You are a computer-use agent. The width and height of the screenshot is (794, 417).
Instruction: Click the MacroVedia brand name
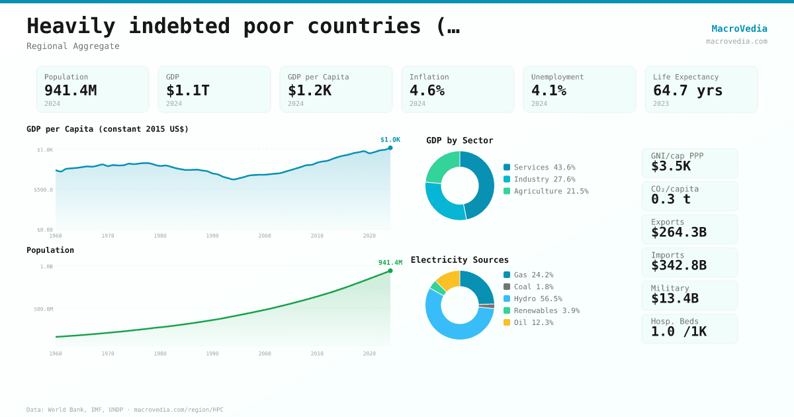(739, 28)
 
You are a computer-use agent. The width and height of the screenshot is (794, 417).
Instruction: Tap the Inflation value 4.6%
(427, 90)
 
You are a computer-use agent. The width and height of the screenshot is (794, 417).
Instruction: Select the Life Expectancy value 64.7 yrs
(687, 90)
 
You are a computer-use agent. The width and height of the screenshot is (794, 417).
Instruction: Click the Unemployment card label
(557, 77)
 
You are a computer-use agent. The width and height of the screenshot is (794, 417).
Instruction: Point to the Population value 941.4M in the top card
(70, 90)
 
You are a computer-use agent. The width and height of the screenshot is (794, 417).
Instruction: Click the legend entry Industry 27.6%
(544, 179)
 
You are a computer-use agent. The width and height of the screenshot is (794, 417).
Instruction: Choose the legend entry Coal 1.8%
(533, 287)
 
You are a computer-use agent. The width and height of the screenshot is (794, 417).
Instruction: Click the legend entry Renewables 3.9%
(546, 310)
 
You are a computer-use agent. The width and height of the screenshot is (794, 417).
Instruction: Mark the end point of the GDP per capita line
(390, 148)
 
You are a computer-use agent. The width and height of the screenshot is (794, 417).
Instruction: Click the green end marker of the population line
(390, 271)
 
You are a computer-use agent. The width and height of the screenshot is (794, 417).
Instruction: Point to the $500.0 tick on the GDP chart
(44, 190)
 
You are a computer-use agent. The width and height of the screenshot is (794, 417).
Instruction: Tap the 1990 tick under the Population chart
(212, 353)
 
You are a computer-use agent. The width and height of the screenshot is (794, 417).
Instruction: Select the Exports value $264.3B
(678, 232)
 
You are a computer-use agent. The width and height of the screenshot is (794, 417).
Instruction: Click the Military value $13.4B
(674, 299)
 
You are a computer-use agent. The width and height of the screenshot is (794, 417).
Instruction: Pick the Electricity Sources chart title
(460, 259)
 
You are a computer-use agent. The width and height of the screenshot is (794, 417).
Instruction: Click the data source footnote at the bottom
(125, 410)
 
